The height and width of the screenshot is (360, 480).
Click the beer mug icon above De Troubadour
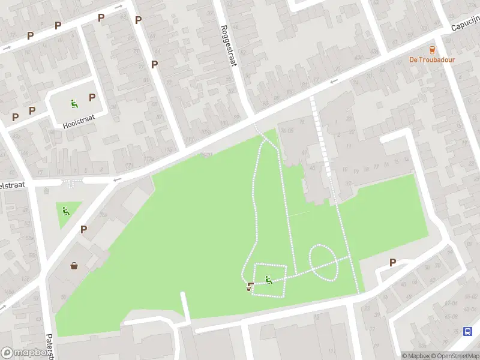431,49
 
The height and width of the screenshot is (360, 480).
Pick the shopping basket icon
74,266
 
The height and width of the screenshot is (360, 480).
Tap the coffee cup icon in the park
250,287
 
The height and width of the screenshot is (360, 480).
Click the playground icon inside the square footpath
268,279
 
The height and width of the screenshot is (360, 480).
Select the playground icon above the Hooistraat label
74,103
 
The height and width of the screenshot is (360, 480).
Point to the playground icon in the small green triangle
65,211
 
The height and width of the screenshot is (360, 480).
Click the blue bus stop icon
468,332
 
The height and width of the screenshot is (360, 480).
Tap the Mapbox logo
26,353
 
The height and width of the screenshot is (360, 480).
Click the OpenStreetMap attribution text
457,356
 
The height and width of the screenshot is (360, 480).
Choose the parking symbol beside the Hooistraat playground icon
92,97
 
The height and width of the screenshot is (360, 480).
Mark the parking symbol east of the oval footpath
393,262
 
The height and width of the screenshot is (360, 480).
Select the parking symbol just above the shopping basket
83,229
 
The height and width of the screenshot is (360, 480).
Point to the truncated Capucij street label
466,25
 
